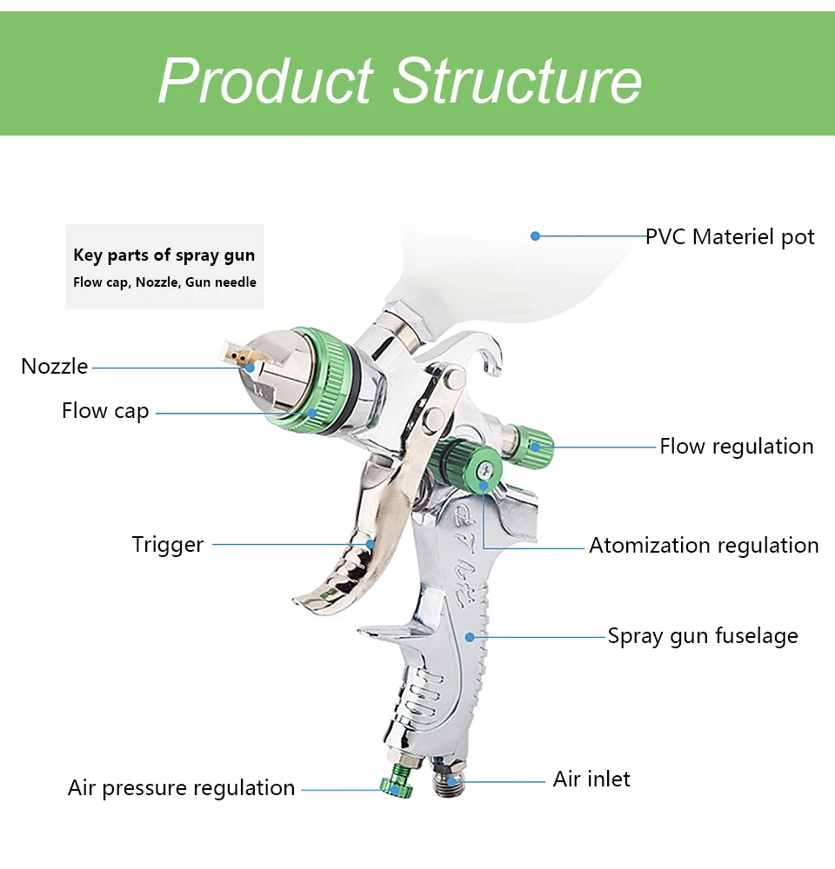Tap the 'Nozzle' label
(x=55, y=367)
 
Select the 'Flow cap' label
(x=105, y=411)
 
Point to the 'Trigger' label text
(x=168, y=545)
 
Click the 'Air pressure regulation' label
(x=182, y=788)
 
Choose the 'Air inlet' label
(x=591, y=779)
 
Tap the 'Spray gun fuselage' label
(x=703, y=636)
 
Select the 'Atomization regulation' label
(x=704, y=546)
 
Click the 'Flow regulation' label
(x=737, y=447)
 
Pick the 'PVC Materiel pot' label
(x=730, y=237)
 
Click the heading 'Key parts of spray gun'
(x=164, y=255)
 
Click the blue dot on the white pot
(x=536, y=235)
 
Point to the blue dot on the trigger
(x=371, y=545)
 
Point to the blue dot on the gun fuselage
(x=470, y=637)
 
